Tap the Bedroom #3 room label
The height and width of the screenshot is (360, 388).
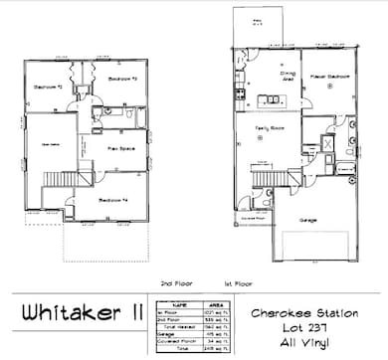coord(122,77)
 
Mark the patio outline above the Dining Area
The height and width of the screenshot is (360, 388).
coord(258,25)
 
